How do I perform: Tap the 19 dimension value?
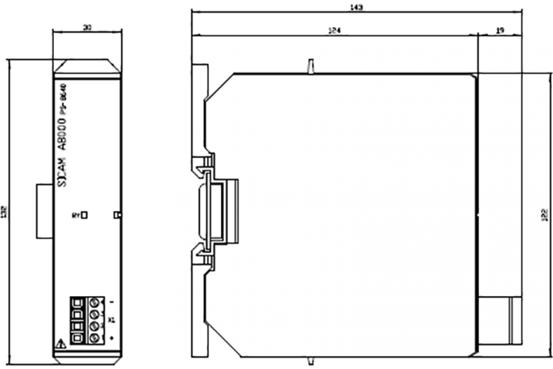(500, 30)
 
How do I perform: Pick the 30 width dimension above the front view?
(87, 28)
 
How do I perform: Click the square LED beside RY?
(84, 214)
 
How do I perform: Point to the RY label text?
(76, 214)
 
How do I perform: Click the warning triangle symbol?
(59, 343)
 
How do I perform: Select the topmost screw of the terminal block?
(95, 303)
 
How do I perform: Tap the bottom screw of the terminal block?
(95, 339)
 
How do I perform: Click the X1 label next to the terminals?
(111, 319)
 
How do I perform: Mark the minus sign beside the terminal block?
(112, 303)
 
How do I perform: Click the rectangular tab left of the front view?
(45, 211)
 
